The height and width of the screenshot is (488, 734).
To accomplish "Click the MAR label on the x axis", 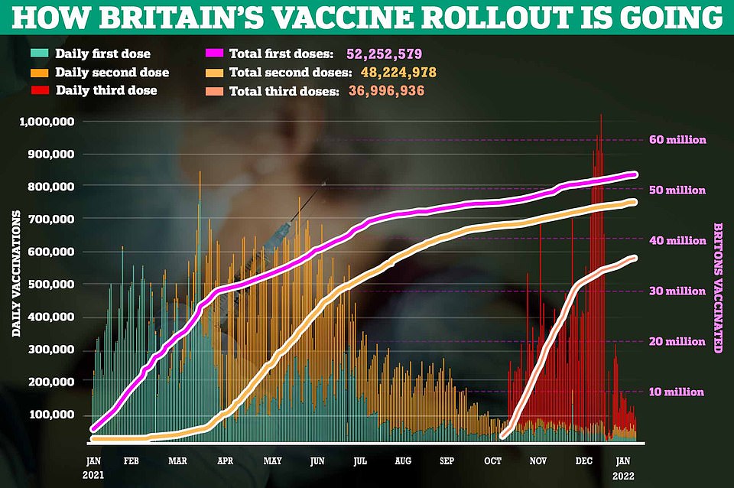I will pyautogui.click(x=177, y=460).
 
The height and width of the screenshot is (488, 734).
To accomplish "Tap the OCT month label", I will pyautogui.click(x=493, y=460).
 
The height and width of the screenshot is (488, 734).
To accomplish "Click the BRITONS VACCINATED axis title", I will pyautogui.click(x=717, y=288).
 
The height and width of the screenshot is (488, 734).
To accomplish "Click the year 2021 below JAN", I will pyautogui.click(x=93, y=474).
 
